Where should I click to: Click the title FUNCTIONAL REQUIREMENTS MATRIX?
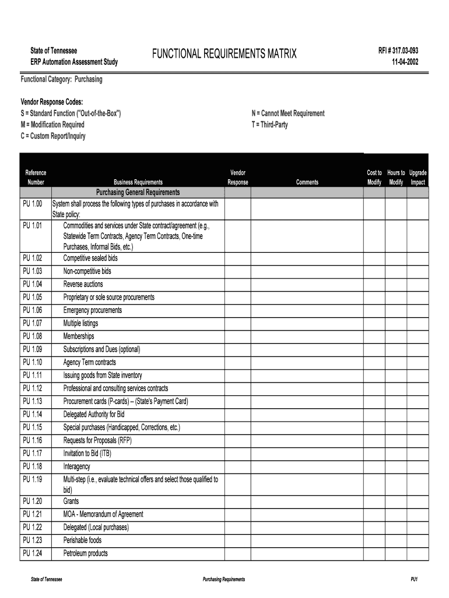(x=224, y=55)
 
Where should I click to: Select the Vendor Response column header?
(x=238, y=178)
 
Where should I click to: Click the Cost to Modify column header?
(x=374, y=178)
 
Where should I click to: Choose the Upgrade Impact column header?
(x=418, y=178)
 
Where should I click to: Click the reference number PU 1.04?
(x=33, y=284)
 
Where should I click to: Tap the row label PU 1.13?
(x=33, y=402)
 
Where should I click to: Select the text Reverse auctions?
(x=83, y=284)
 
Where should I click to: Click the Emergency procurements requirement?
(x=93, y=311)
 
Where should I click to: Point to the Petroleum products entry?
(x=85, y=554)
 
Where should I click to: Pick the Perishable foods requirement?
(x=82, y=541)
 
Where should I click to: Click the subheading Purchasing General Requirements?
(x=138, y=193)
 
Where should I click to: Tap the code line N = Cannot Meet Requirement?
(x=288, y=113)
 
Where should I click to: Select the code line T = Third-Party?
(x=269, y=124)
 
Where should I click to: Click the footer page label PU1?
(x=414, y=579)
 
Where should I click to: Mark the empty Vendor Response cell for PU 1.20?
(x=238, y=502)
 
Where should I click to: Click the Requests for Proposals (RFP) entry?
(x=97, y=441)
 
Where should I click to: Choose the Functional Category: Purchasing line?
(x=61, y=79)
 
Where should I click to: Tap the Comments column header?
(x=307, y=182)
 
